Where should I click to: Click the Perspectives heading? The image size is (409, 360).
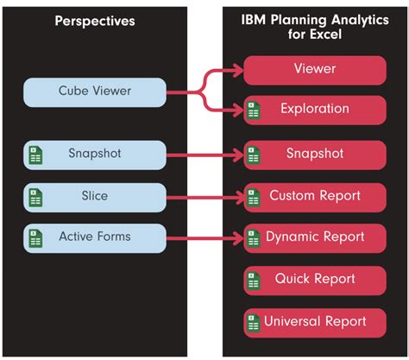coord(95,21)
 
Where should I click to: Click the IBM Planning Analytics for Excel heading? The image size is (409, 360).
coord(314,28)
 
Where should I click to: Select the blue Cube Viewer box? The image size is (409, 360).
coord(95,92)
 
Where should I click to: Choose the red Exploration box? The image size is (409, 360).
coord(315,111)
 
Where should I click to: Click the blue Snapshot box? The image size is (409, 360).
coord(95,155)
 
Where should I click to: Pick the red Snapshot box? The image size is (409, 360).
coord(315,155)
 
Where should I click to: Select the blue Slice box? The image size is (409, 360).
coord(95,196)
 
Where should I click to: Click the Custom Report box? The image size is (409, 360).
coord(315,196)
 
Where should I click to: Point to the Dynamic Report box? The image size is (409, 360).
coord(315,237)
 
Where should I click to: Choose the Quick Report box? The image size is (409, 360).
coord(315,280)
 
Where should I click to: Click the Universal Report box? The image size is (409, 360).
coord(315,322)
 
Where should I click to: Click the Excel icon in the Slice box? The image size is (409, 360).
coord(35,197)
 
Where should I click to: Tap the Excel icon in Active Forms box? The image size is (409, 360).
coord(35,237)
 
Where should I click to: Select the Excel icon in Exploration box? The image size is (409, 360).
coord(253,111)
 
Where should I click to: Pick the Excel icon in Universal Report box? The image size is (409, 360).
coord(253,323)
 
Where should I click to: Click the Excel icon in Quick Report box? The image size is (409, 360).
coord(253,281)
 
